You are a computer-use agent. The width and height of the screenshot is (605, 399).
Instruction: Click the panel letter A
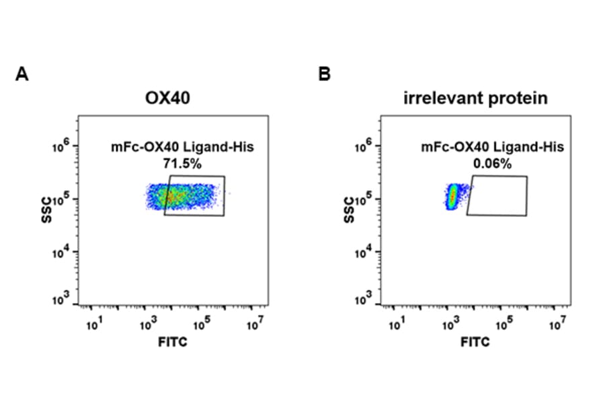point(22,75)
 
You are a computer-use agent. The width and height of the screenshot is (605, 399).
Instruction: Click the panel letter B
point(325,75)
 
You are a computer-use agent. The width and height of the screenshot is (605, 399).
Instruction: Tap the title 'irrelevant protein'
point(476,99)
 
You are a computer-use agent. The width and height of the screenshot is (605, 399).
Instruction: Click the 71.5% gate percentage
point(182,163)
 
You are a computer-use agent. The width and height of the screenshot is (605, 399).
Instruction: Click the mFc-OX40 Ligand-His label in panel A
point(182,147)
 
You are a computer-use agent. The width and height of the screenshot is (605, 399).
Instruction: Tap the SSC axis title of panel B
point(349,210)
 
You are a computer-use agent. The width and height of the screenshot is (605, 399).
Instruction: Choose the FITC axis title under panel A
point(173,343)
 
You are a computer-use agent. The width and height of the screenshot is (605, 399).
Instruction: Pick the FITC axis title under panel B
point(475,343)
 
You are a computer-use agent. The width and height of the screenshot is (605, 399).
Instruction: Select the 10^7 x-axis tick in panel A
point(253,326)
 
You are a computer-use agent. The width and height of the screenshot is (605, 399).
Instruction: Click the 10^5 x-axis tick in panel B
point(503,326)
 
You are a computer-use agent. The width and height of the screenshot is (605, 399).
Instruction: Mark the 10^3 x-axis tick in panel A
point(147,326)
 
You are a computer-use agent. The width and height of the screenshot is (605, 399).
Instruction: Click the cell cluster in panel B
point(452,196)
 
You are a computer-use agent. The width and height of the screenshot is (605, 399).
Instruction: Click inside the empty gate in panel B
point(497,195)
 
